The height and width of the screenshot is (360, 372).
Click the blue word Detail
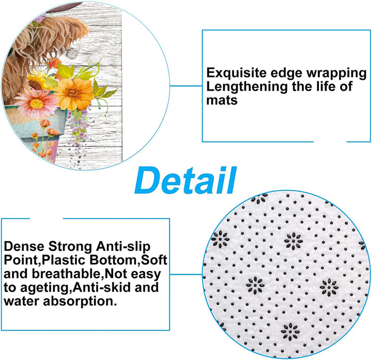pyautogui.click(x=185, y=180)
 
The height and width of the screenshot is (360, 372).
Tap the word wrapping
pyautogui.click(x=336, y=73)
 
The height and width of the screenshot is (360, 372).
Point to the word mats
pyautogui.click(x=222, y=100)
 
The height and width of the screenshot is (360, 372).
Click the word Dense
pyautogui.click(x=24, y=246)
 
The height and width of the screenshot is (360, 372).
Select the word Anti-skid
pyautogui.click(x=102, y=287)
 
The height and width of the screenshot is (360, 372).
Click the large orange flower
pyautogui.click(x=74, y=94)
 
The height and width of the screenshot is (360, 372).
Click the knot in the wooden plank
pyautogui.click(x=71, y=54)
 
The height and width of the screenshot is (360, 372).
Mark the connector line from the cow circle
pyautogui.click(x=186, y=86)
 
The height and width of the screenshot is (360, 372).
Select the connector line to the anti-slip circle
pyautogui.click(x=186, y=274)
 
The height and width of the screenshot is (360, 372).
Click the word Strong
pyautogui.click(x=70, y=247)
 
